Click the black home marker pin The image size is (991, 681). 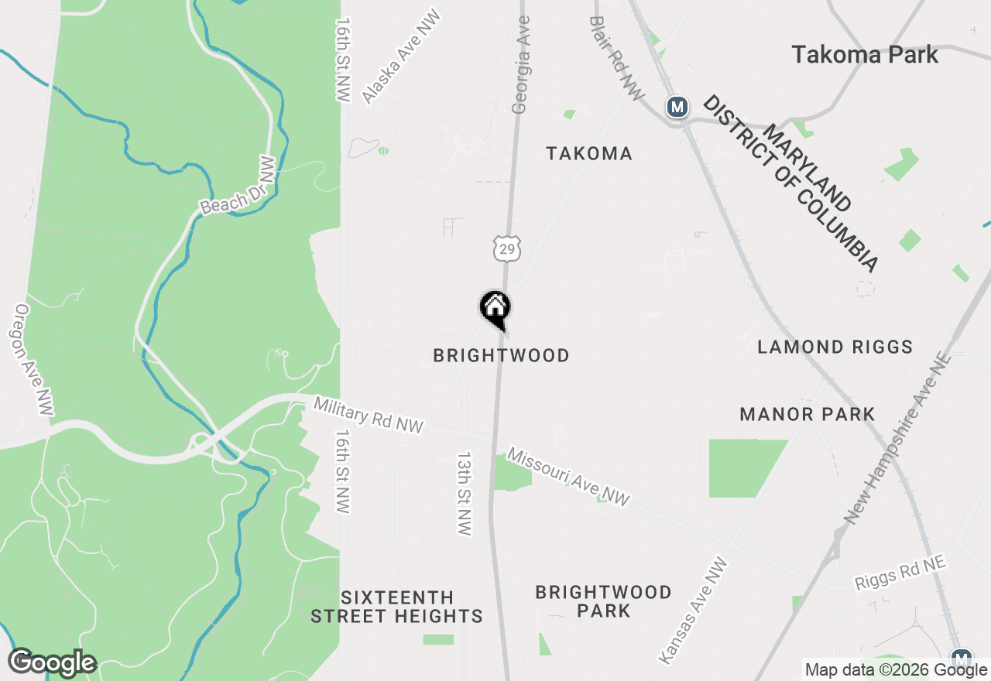(x=495, y=309)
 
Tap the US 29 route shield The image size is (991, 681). (x=507, y=249)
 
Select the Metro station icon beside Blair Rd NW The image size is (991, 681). (x=677, y=107)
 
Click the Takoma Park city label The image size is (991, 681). (x=864, y=55)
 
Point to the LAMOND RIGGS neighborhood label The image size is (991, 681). (x=835, y=347)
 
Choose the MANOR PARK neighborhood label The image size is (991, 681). (x=808, y=414)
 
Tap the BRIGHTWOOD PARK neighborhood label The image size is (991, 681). (x=604, y=601)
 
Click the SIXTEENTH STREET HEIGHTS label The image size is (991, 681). (x=397, y=607)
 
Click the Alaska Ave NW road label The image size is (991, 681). (x=401, y=57)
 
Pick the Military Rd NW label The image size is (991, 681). (x=369, y=415)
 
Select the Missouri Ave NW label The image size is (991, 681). (x=568, y=478)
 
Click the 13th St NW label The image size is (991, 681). (x=464, y=494)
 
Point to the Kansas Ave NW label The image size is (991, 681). (x=693, y=611)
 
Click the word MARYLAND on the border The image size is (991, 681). (x=807, y=161)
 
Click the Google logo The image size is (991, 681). (x=52, y=663)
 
